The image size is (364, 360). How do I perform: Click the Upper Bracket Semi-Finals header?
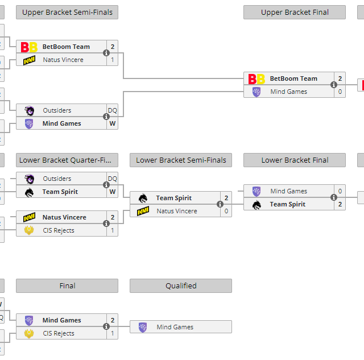[67, 12]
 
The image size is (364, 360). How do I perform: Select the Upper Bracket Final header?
[295, 12]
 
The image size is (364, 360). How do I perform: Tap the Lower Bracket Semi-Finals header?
[181, 160]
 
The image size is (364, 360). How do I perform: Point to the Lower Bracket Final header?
[295, 160]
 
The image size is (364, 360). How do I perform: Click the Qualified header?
[181, 286]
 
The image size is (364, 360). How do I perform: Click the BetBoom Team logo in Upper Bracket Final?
[257, 79]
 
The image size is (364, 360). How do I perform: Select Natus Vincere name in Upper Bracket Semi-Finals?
[63, 60]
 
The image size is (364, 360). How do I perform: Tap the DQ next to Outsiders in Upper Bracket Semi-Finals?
[113, 110]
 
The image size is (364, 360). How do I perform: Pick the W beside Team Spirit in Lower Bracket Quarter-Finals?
[113, 192]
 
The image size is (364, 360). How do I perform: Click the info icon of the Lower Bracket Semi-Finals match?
[220, 204]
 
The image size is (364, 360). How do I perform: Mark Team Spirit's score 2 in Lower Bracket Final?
[340, 204]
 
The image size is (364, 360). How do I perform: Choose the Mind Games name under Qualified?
[175, 327]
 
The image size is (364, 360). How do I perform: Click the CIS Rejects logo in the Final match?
[29, 334]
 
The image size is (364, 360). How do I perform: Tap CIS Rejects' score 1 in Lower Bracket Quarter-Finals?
[113, 230]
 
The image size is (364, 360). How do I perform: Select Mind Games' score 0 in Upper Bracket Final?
[340, 92]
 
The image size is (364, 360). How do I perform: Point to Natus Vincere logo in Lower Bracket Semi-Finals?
[143, 212]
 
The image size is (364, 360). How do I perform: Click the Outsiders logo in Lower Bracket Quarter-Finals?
[29, 179]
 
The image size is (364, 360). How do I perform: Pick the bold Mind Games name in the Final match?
[62, 320]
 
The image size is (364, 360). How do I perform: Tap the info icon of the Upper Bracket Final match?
[334, 85]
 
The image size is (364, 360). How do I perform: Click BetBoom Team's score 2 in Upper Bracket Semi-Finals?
[113, 47]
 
